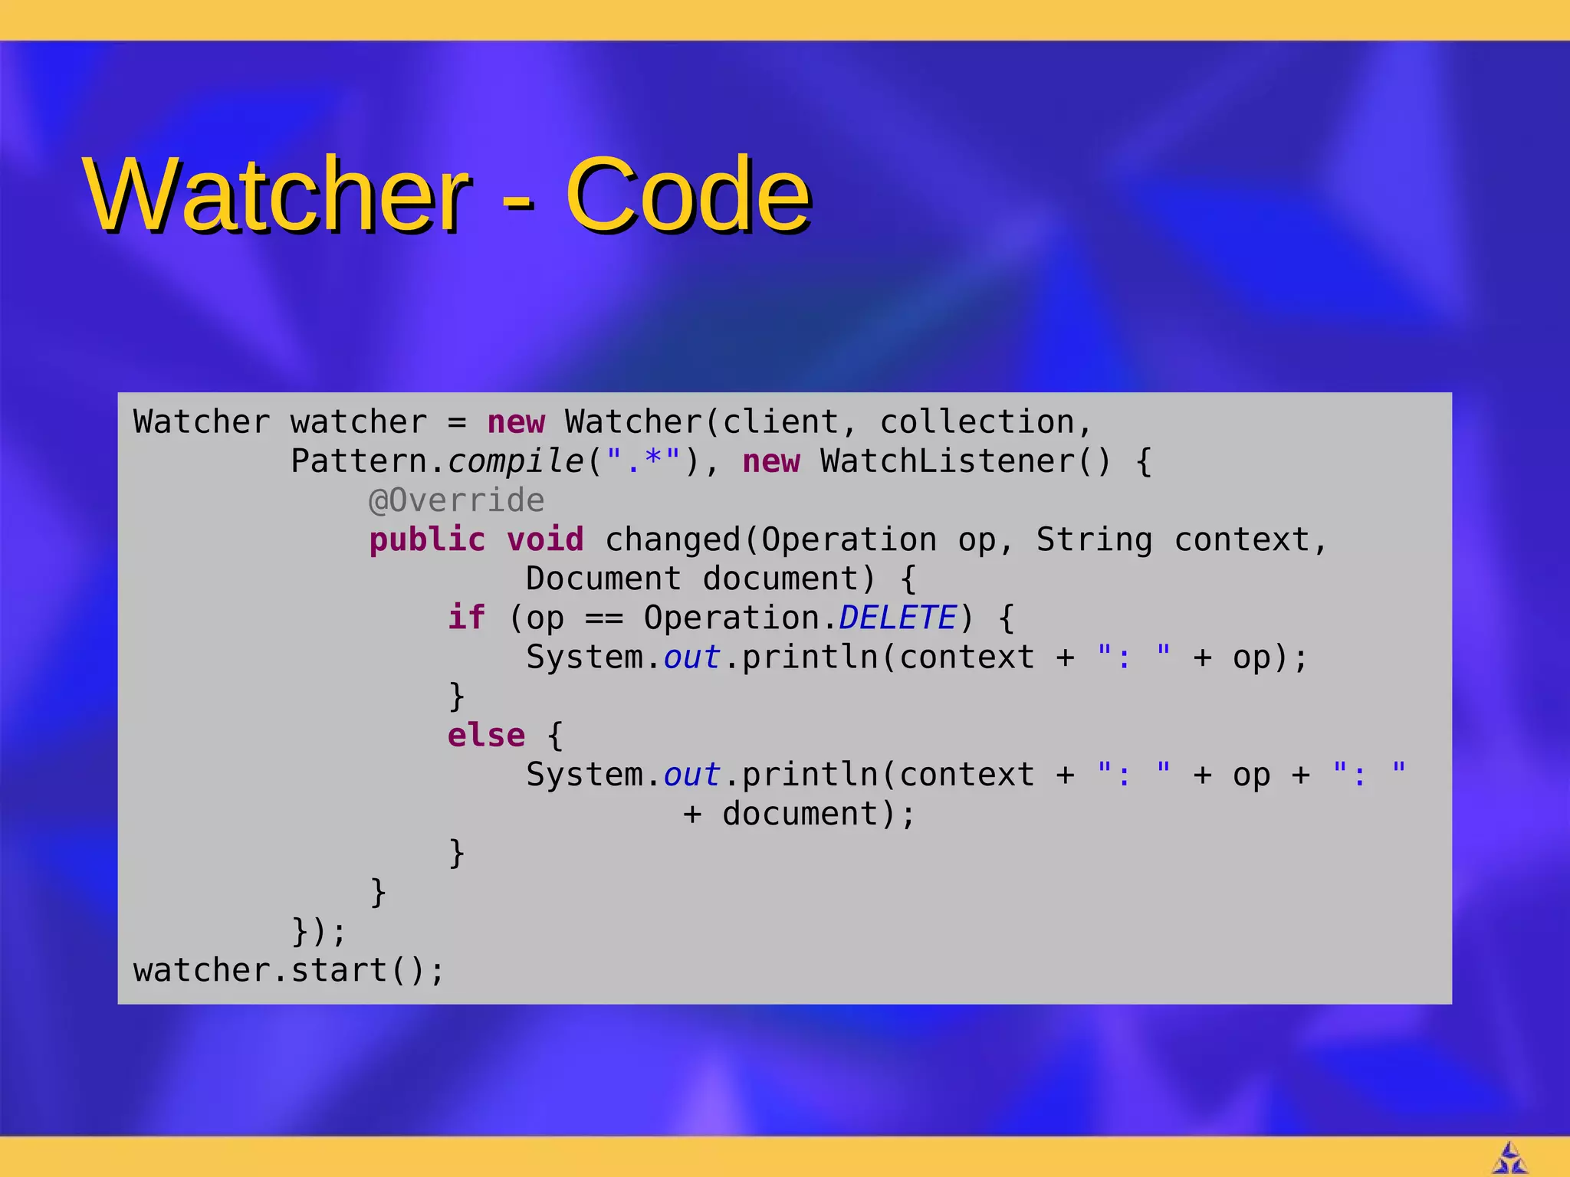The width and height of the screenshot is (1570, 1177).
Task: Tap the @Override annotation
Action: (x=456, y=500)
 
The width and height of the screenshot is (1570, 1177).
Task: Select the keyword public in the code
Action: (x=427, y=539)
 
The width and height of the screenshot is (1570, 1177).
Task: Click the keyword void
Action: (x=545, y=539)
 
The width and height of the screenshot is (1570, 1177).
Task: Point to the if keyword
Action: (x=466, y=618)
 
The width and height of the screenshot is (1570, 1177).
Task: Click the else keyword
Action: (x=486, y=735)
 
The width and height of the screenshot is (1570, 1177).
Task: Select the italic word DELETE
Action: (x=898, y=618)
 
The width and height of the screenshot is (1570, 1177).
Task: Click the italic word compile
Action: (x=515, y=461)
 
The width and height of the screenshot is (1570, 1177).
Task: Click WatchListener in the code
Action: (x=948, y=461)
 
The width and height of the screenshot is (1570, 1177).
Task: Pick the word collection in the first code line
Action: (x=977, y=422)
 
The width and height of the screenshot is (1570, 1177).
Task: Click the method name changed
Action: (x=672, y=539)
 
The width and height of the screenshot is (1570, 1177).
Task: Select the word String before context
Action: (x=1094, y=539)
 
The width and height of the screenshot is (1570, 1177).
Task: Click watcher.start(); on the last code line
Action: (x=288, y=970)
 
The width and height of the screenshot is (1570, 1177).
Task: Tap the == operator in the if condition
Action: (x=604, y=618)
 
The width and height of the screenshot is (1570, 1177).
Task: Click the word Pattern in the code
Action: (x=359, y=461)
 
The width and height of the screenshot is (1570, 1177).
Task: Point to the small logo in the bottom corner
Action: (x=1509, y=1158)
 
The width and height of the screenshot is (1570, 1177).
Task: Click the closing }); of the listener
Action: (x=319, y=931)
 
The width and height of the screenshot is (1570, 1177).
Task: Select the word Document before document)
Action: (x=603, y=579)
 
